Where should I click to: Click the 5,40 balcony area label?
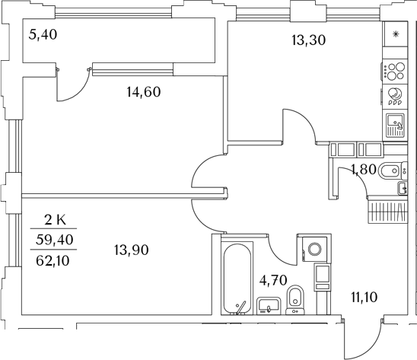point(43,34)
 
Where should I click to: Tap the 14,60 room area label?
point(144,92)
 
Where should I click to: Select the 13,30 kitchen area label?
point(308,40)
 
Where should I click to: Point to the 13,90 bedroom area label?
point(132,250)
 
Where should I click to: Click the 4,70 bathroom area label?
point(273,280)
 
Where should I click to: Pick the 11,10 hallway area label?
point(364,297)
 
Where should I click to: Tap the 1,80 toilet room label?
point(363,170)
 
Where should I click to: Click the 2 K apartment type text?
point(55,220)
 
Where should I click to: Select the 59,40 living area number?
point(55,240)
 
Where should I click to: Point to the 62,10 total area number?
point(53,260)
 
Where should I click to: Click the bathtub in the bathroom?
point(237,279)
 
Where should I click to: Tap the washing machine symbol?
point(314,250)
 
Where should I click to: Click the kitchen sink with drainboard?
point(395,125)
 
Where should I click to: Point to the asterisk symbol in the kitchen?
point(396,34)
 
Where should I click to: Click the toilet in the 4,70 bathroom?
point(295,300)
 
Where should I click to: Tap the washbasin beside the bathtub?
point(269,306)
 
